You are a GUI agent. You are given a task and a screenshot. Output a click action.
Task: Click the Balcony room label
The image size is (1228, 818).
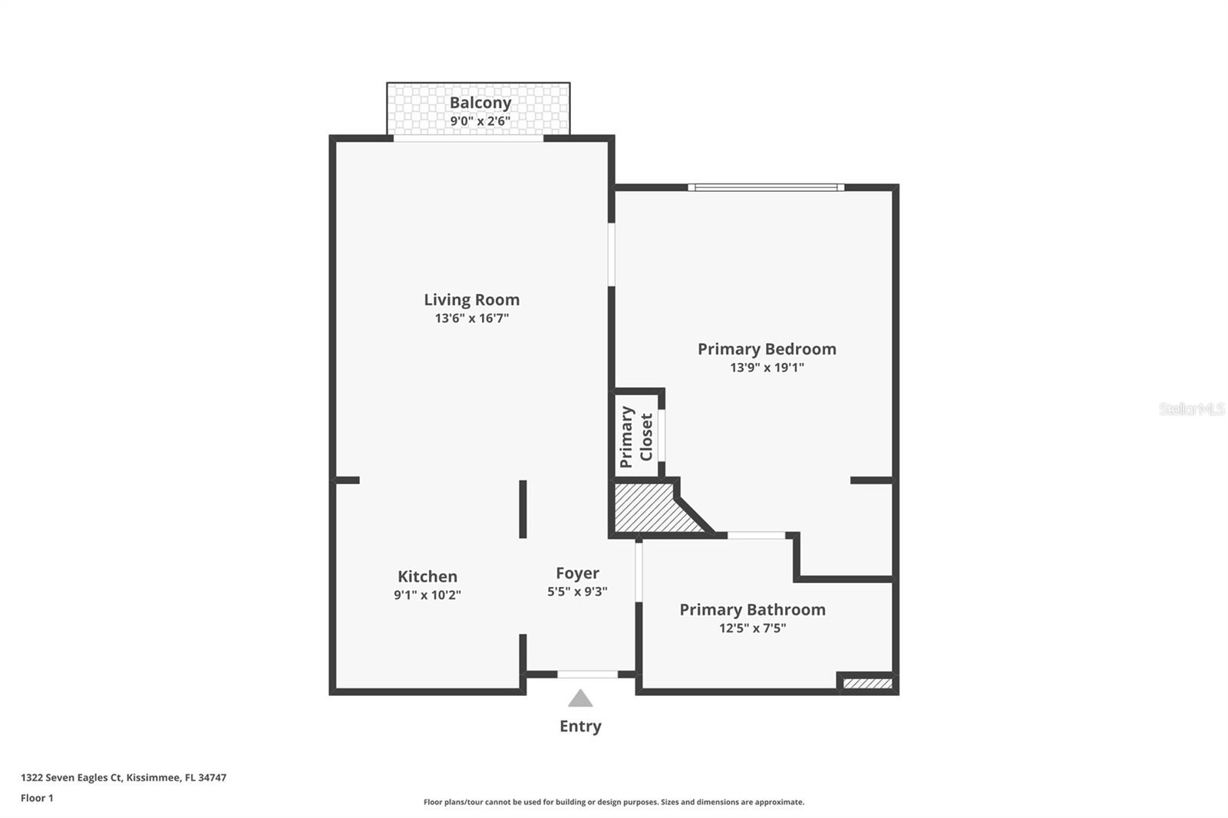(480, 103)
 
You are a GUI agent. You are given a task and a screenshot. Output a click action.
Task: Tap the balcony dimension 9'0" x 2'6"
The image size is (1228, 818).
(480, 121)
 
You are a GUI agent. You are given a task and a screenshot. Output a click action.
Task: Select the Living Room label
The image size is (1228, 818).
(471, 300)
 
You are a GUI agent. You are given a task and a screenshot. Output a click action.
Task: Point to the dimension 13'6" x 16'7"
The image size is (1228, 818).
(471, 318)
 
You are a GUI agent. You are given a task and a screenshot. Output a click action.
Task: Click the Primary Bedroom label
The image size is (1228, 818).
(766, 349)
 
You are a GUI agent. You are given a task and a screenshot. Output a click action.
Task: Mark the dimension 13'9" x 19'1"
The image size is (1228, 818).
(766, 368)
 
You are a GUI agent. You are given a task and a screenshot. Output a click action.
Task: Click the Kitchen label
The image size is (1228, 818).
(427, 576)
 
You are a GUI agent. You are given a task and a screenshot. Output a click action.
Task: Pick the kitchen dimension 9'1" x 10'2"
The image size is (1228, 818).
(427, 595)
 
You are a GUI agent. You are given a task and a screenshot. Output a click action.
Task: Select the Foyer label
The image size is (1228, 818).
(577, 573)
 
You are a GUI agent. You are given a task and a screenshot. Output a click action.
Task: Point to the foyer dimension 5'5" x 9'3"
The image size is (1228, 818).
(577, 592)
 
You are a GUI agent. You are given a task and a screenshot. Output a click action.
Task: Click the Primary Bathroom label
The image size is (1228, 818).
(752, 610)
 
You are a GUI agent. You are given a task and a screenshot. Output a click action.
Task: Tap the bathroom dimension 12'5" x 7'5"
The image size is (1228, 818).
(752, 628)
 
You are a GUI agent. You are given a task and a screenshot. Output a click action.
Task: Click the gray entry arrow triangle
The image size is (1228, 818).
(580, 699)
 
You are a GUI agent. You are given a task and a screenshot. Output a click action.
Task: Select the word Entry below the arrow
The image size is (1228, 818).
(580, 726)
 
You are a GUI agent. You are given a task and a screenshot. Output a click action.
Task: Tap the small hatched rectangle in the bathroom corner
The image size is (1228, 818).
(867, 683)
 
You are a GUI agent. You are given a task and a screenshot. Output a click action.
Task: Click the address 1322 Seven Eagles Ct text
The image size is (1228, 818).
(124, 777)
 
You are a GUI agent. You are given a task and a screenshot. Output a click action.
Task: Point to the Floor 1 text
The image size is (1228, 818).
(37, 798)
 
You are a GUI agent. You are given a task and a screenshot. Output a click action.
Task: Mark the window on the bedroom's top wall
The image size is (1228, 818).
(765, 187)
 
